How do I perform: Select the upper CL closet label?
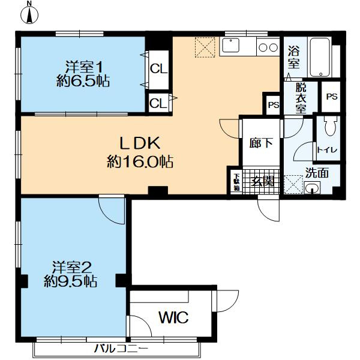click(x=158, y=68)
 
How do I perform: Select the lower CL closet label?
click(x=158, y=103)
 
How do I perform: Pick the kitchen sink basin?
click(x=232, y=46)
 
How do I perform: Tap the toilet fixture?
click(x=329, y=128)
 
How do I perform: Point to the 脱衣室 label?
click(x=300, y=98)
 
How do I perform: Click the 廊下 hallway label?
click(x=260, y=143)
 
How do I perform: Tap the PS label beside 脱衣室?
click(x=332, y=97)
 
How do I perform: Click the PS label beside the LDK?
click(x=274, y=105)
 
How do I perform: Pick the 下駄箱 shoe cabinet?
click(x=236, y=182)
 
